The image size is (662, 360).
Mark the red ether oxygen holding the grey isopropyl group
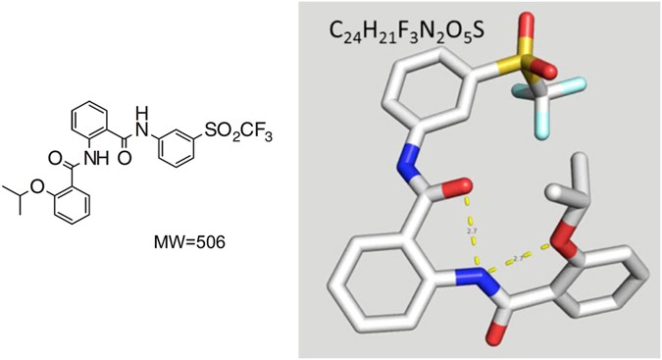point(578,230)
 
